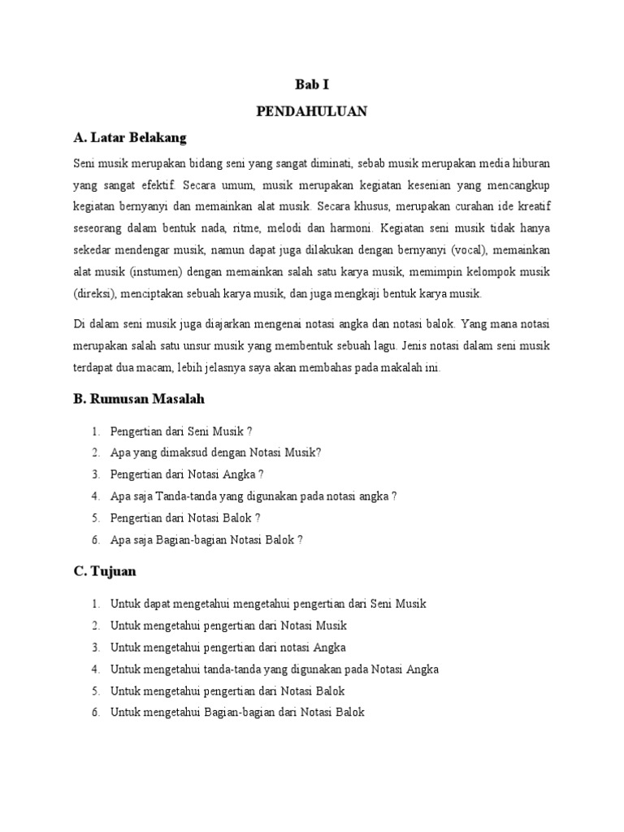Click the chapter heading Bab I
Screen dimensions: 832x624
click(x=312, y=84)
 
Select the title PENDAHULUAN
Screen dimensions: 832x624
click(x=312, y=111)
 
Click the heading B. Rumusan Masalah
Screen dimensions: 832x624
click(x=139, y=399)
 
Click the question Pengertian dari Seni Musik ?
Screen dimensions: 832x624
click(x=175, y=431)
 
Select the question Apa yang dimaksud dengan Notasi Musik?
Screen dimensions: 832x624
click(x=215, y=453)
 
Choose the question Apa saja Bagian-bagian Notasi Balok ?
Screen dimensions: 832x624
click(x=206, y=539)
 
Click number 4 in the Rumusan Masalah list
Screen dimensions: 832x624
click(x=95, y=496)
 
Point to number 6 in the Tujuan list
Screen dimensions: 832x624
click(x=95, y=713)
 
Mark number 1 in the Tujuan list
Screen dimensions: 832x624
click(x=95, y=604)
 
